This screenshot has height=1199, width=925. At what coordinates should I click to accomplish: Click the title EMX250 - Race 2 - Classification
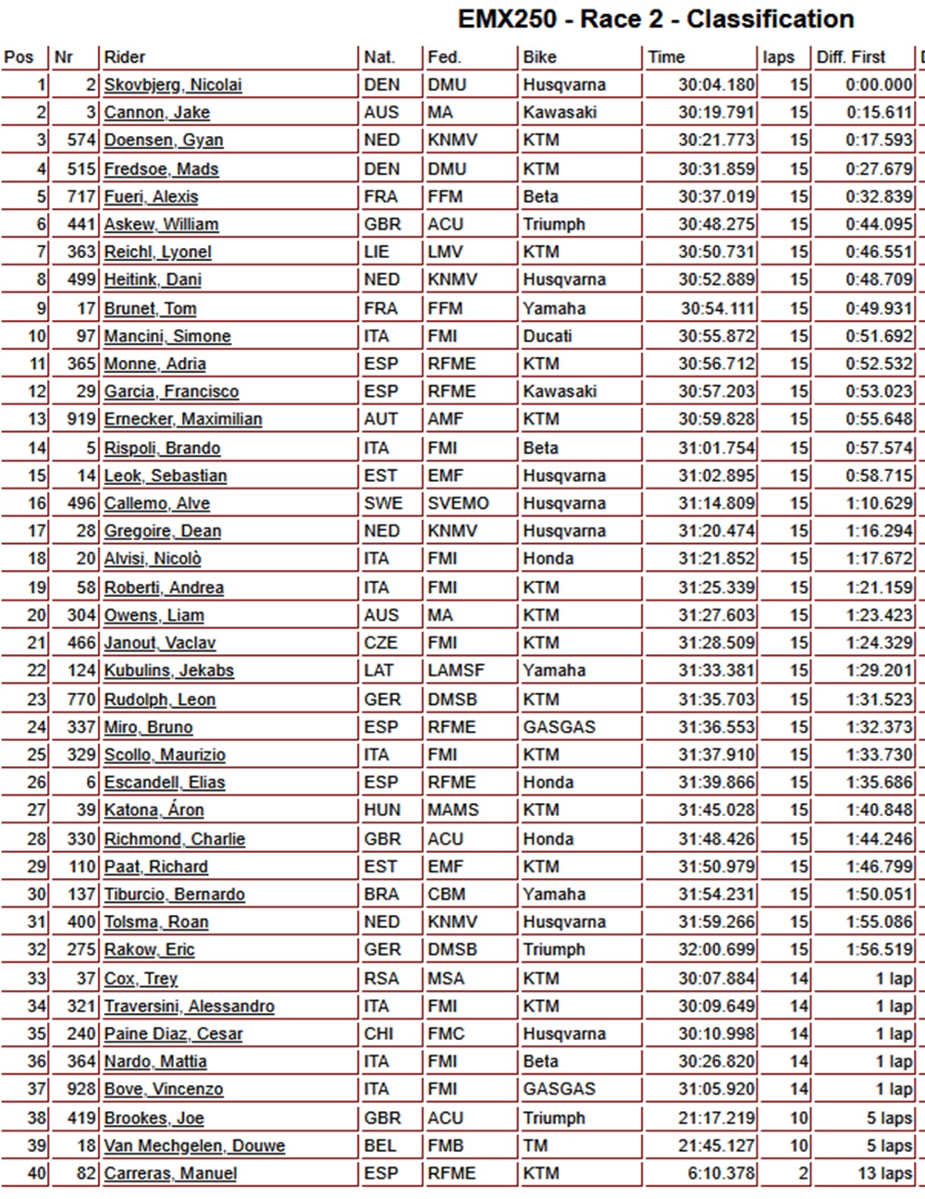(x=656, y=19)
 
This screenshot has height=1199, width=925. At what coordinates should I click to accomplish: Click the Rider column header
(x=125, y=57)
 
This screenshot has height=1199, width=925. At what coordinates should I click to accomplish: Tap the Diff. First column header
(x=851, y=57)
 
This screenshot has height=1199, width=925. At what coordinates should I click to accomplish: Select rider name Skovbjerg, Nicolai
(x=173, y=85)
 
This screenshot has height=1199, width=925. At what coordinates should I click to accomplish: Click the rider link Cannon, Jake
(x=156, y=113)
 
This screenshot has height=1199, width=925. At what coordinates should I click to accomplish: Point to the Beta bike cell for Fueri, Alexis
(x=541, y=197)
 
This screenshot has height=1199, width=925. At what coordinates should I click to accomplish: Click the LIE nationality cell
(x=380, y=253)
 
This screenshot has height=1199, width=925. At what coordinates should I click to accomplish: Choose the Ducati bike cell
(x=548, y=337)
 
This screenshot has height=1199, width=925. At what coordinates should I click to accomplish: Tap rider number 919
(x=82, y=420)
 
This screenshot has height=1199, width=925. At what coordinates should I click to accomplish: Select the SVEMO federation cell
(x=458, y=504)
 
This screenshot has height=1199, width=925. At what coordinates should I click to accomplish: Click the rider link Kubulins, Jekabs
(x=168, y=671)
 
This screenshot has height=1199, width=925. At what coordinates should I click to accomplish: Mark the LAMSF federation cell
(x=456, y=671)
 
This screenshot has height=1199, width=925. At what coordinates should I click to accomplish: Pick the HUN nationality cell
(x=382, y=810)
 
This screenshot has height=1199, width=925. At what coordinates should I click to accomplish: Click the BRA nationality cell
(x=381, y=895)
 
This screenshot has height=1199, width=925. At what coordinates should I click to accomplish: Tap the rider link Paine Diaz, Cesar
(x=173, y=1034)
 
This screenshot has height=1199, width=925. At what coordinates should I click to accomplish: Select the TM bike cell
(x=536, y=1146)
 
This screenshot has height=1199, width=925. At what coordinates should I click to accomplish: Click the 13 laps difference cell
(x=884, y=1174)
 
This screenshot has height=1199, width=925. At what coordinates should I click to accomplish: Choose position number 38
(x=36, y=1119)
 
